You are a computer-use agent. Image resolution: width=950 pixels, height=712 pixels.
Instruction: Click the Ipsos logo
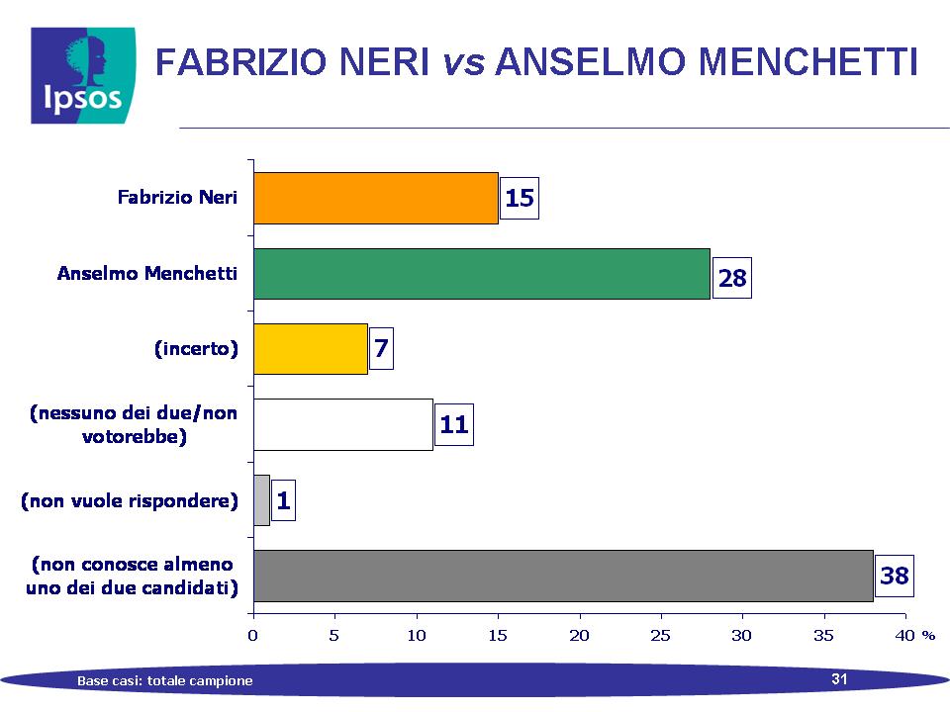point(83,76)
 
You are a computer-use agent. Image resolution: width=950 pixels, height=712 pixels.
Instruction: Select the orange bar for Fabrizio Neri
point(376,198)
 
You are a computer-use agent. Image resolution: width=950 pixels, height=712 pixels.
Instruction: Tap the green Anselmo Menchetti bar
point(482,274)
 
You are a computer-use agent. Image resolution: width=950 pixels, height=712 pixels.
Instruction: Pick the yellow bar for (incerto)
point(311,349)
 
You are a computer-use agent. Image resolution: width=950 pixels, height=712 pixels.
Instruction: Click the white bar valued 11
point(343,424)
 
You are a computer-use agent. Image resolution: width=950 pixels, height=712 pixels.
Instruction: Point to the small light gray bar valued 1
point(261,500)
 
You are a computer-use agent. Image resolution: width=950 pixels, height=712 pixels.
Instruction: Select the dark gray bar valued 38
point(563,576)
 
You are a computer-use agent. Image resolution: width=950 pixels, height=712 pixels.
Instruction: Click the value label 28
point(732,278)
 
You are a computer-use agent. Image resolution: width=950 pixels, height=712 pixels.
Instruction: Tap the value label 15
point(520,198)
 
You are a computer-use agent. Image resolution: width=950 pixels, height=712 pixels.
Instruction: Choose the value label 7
point(381,348)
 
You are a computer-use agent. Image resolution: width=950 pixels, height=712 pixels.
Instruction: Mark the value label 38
point(895,576)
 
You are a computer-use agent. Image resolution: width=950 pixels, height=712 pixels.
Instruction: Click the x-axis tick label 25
point(660,635)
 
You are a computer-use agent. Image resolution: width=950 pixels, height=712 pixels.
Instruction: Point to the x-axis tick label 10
point(417,635)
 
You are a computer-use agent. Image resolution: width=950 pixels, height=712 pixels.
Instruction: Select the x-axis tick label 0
point(252,635)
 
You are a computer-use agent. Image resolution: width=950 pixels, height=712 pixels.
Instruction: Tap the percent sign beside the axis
point(928,636)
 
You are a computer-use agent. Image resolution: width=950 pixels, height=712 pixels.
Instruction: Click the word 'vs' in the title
point(464,61)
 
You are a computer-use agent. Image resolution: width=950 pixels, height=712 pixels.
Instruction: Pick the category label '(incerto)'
point(196,349)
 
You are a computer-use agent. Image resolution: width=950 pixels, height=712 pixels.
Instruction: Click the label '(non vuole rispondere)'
point(130,500)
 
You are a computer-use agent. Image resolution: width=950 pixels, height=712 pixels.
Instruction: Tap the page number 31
point(839,678)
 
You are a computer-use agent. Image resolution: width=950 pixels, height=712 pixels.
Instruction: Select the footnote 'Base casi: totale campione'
point(165,680)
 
